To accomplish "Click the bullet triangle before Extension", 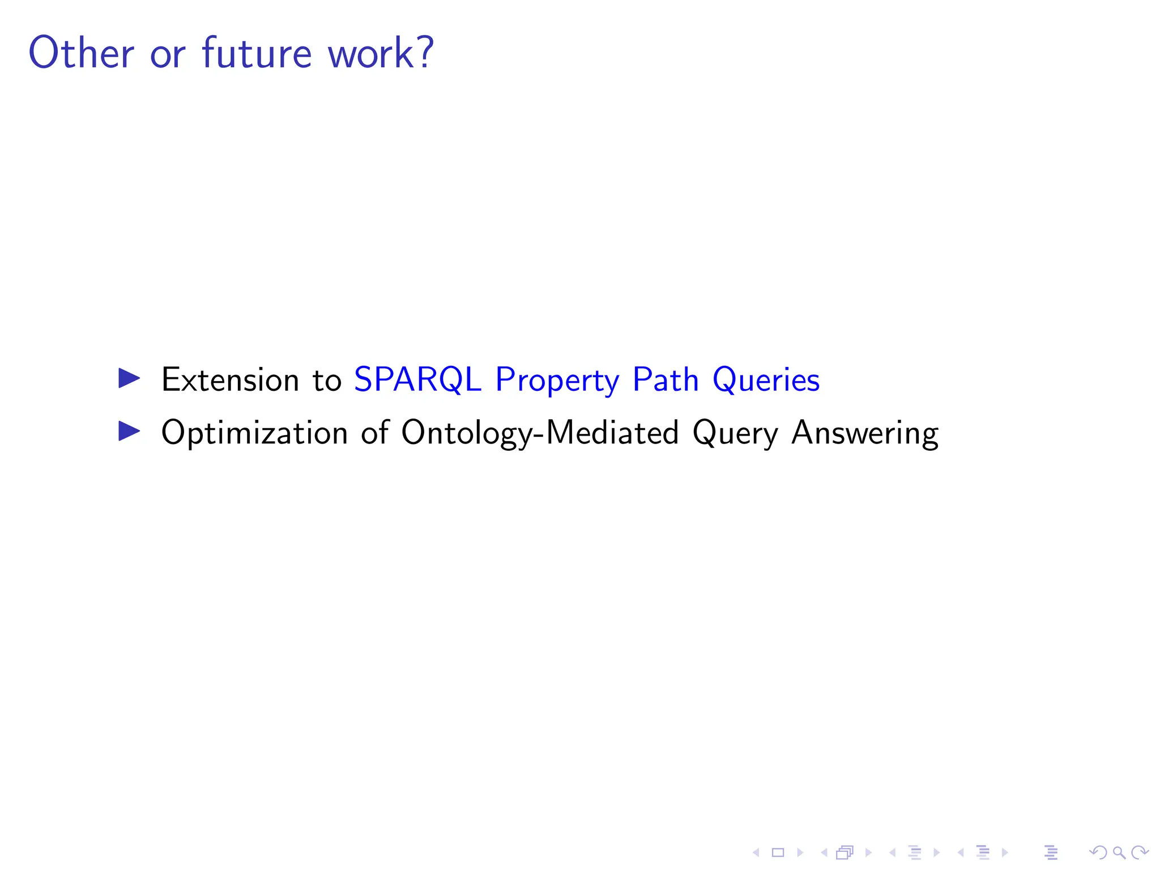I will [x=129, y=378].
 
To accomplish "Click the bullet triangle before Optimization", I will [x=129, y=432].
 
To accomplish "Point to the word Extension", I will [x=230, y=379].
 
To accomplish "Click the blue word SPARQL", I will [x=417, y=379].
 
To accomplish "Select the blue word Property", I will [x=557, y=381].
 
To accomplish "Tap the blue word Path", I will [x=666, y=379].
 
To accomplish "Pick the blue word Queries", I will [x=766, y=381].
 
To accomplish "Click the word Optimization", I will [x=254, y=434].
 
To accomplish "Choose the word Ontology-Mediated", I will [x=540, y=434].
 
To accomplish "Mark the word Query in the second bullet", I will [x=735, y=434].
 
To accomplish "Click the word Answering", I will [x=864, y=434].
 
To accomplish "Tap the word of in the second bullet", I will [x=375, y=433].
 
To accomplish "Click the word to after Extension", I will [x=327, y=381].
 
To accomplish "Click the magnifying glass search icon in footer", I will [x=1119, y=852].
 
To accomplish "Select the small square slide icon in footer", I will [x=778, y=852].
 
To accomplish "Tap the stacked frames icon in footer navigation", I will [x=845, y=852].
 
